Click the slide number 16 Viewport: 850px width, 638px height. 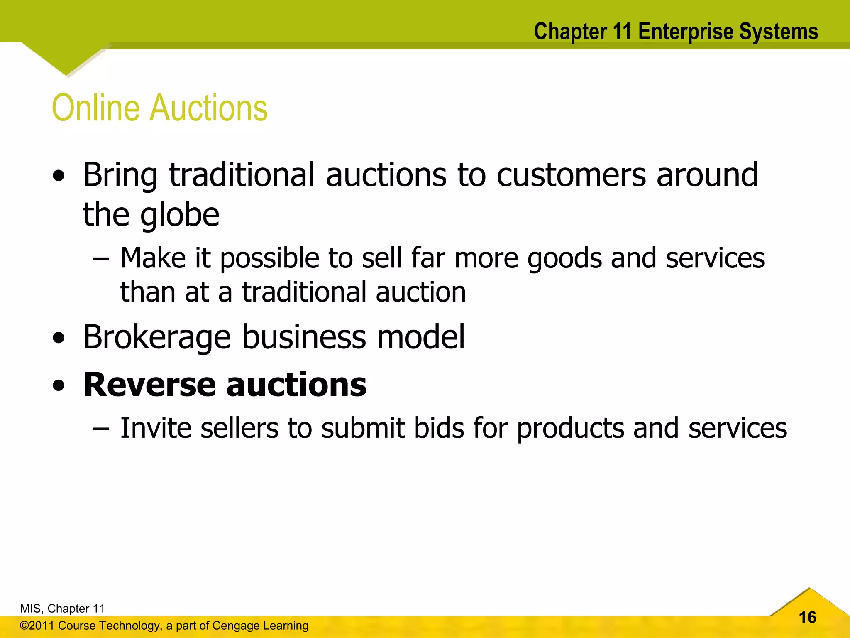coord(807,617)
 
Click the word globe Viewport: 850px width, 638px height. coord(179,216)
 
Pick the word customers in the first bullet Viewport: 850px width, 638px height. coord(571,175)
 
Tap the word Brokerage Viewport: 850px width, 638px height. coord(157,337)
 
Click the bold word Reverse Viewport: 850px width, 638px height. coord(150,385)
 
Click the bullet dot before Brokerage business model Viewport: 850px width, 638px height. coord(59,338)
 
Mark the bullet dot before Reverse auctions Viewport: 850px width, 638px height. coord(59,385)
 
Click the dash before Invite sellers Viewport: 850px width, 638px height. coord(101,428)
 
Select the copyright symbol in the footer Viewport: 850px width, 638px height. coord(24,626)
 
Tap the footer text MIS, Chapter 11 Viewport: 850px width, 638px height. coord(62,609)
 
